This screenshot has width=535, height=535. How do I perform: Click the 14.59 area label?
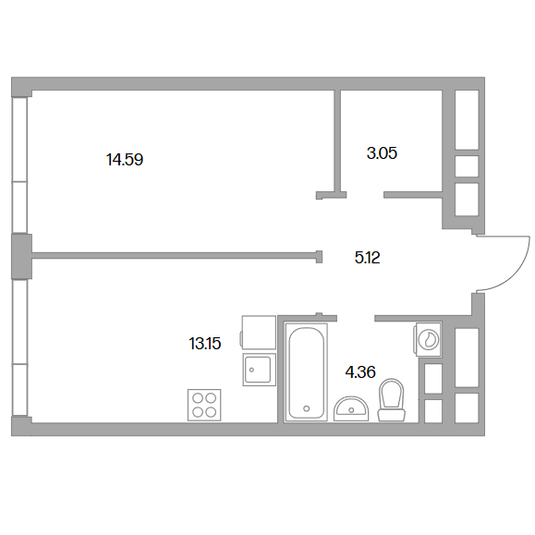[x=125, y=160]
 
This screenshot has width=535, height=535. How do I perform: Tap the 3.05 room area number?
[x=382, y=153]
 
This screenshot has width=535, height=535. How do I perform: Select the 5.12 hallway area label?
[x=367, y=257]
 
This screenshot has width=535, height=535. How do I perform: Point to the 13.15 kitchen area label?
[x=205, y=343]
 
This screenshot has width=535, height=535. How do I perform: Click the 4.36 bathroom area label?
[x=360, y=371]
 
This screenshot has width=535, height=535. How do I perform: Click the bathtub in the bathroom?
[x=306, y=372]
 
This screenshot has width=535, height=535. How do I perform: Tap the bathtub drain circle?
[x=307, y=408]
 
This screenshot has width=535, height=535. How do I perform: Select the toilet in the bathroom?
[x=392, y=400]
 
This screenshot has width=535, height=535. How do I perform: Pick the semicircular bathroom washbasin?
[x=351, y=408]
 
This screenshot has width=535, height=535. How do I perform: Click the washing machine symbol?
[x=428, y=340]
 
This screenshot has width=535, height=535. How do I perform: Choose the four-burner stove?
[x=204, y=405]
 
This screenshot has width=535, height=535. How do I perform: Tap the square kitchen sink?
[x=260, y=370]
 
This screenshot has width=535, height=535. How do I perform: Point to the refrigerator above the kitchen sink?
[x=259, y=333]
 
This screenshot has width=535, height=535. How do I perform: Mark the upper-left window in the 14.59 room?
[x=19, y=165]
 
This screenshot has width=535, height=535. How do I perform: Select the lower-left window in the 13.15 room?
[x=19, y=347]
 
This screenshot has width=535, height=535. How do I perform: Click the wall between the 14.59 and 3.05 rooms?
[x=337, y=142]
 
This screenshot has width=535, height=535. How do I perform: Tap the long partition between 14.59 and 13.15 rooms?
[x=176, y=256]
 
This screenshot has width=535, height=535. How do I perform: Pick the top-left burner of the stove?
[x=198, y=398]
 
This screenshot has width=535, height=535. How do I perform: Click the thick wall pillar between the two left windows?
[x=21, y=257]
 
